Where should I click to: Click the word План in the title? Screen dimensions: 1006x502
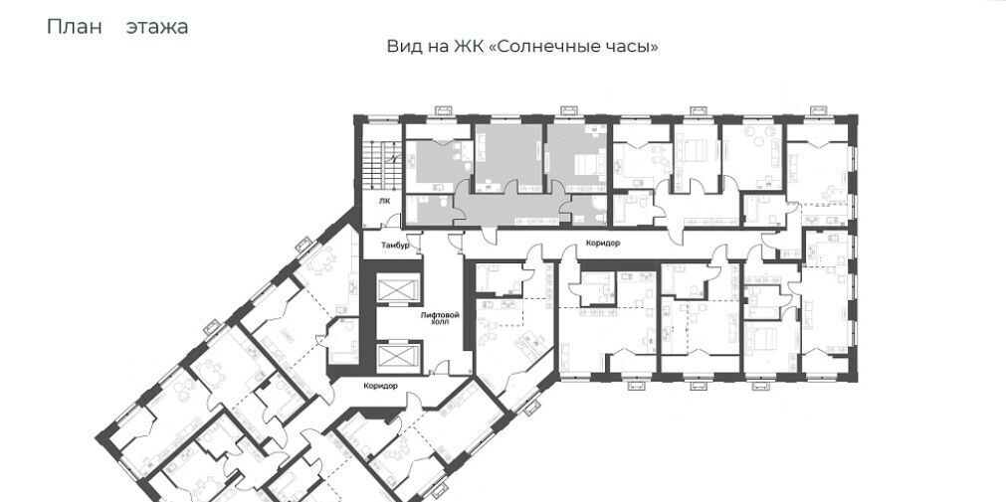75,27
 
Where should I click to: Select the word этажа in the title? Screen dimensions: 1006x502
157,28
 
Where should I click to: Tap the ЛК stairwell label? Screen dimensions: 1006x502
385,201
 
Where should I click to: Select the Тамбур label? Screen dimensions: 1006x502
395,246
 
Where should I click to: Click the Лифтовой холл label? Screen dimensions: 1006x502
440,319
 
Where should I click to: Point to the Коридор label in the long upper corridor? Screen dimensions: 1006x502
603,244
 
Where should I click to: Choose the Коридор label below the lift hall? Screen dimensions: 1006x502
380,386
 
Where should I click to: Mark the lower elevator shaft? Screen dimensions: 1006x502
398,359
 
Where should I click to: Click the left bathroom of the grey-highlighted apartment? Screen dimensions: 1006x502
431,210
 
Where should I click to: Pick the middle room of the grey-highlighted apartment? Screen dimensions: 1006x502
508,158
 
